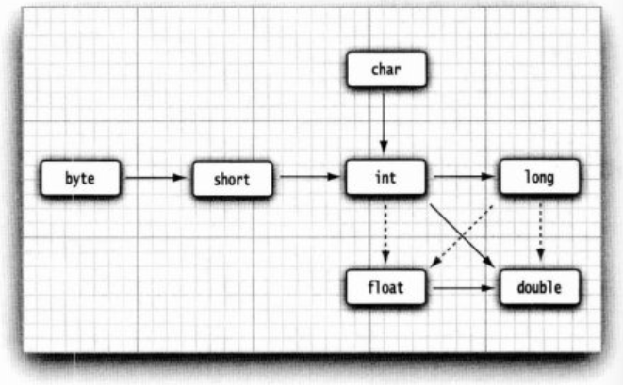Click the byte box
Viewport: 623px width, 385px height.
coord(80,176)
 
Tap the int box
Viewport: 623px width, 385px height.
coord(385,176)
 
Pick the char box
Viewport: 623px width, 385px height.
coord(385,69)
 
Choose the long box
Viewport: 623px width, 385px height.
coord(539,176)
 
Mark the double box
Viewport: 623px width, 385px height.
coord(539,285)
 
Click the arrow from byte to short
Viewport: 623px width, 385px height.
coord(156,176)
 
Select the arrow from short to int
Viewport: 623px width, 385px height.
coord(309,176)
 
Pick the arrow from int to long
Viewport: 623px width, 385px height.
coord(462,176)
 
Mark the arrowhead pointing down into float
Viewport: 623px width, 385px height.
coord(385,258)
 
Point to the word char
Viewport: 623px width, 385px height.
coord(385,69)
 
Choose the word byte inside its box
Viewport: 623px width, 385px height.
coord(80,176)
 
